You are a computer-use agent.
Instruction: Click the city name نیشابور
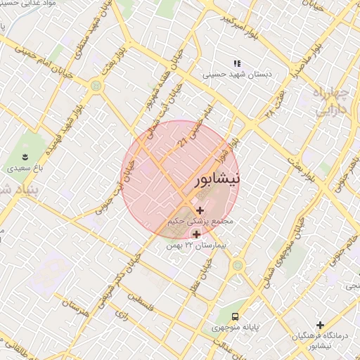point(215,178)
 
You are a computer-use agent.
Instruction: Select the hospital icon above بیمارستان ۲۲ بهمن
point(195,234)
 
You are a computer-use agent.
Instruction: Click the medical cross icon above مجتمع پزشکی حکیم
point(201,210)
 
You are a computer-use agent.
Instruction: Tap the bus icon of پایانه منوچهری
point(235,316)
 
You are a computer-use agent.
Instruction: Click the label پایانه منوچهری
point(235,328)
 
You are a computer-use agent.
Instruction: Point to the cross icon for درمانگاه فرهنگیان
point(321,325)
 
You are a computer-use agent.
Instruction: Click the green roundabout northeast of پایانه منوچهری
point(238,265)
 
